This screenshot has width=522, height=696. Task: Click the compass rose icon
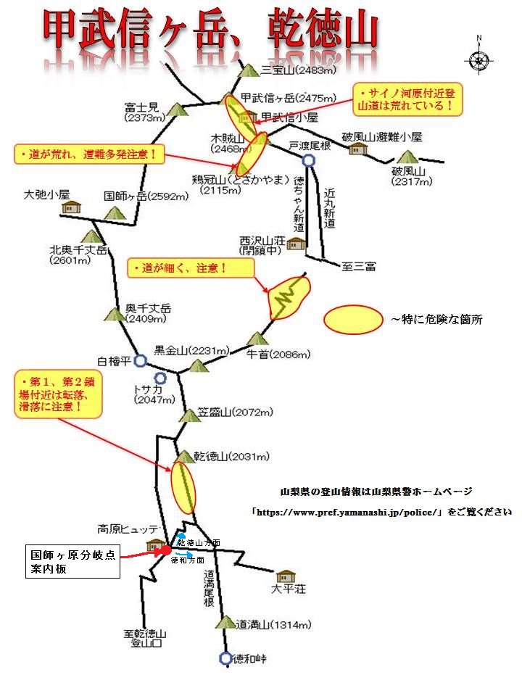(x=478, y=61)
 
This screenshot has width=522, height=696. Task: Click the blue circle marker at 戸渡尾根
(x=309, y=161)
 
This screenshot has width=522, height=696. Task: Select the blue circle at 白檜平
(x=140, y=360)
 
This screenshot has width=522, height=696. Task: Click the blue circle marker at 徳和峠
(x=225, y=658)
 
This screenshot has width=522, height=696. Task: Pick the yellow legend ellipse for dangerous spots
(x=353, y=319)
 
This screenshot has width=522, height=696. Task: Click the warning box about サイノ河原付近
(x=407, y=99)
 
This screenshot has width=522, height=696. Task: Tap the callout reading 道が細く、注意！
(x=191, y=268)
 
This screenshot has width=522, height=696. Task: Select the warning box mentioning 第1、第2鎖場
(x=58, y=395)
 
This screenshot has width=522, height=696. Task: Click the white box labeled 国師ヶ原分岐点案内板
(x=72, y=561)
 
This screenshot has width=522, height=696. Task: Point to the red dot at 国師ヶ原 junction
(x=166, y=550)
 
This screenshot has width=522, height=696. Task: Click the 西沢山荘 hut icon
(x=297, y=244)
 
